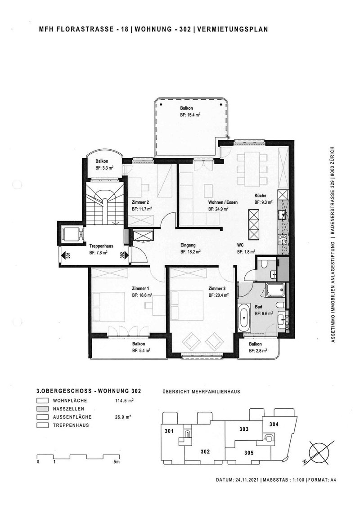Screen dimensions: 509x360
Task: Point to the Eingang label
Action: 188,245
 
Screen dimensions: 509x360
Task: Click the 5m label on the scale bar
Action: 117,462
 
